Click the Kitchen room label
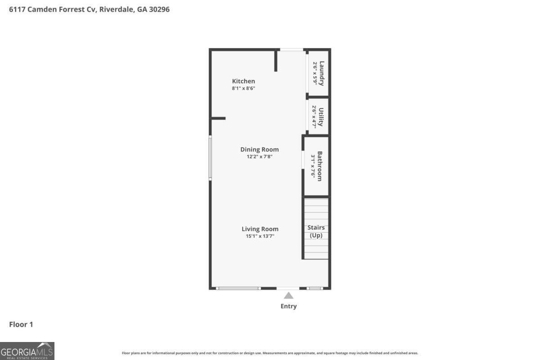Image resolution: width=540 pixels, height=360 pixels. click(243, 81)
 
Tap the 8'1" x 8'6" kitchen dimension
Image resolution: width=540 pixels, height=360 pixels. click(243, 89)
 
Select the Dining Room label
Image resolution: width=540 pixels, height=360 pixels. click(259, 149)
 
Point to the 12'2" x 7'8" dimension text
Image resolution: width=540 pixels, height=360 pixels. click(259, 157)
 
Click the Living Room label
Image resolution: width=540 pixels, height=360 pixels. click(260, 229)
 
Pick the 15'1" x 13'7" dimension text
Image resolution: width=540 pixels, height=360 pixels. click(260, 236)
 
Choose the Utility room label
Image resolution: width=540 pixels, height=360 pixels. click(321, 117)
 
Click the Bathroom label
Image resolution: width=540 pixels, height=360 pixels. click(319, 166)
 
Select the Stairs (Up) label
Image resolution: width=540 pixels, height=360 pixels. click(316, 231)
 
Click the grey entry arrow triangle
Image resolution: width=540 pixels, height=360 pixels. click(288, 296)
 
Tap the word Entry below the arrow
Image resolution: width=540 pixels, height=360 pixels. click(288, 306)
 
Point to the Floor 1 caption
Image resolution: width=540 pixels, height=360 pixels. click(21, 324)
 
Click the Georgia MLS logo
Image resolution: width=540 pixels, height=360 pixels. click(27, 351)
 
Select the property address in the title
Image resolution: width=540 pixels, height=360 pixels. click(89, 9)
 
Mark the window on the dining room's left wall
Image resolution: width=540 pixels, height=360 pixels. click(210, 158)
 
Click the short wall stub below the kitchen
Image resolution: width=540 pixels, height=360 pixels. click(218, 118)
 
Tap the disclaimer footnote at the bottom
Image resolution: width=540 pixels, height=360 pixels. click(270, 353)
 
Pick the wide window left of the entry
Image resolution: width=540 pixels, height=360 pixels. click(238, 288)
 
